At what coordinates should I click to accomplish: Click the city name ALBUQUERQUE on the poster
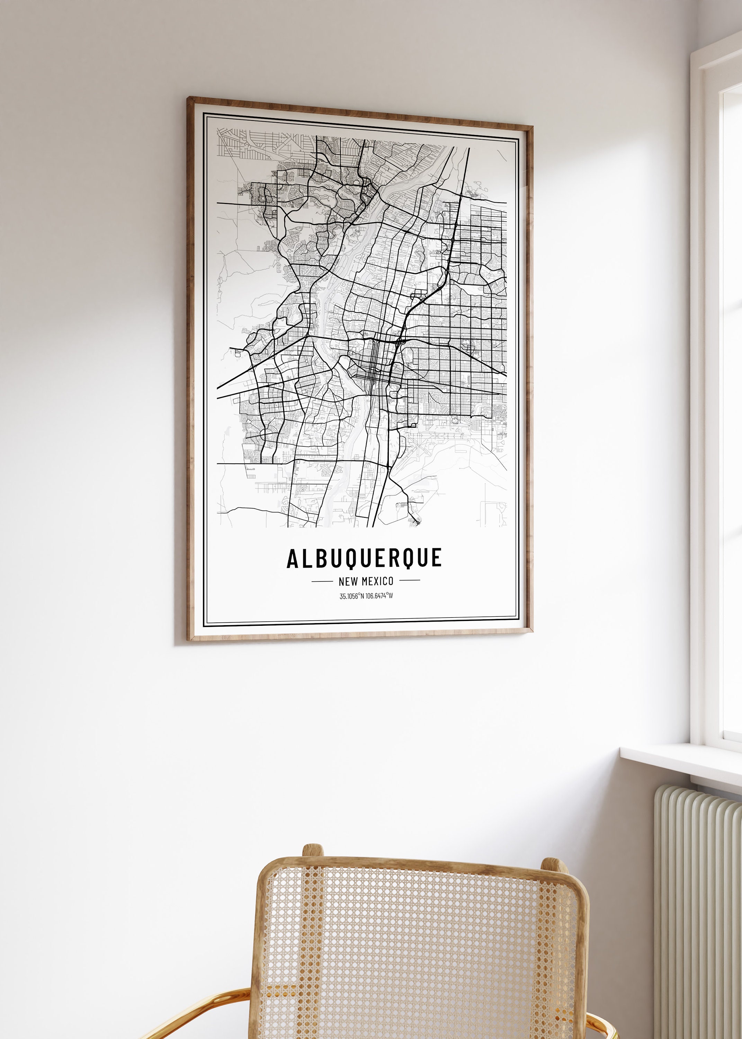click(x=364, y=558)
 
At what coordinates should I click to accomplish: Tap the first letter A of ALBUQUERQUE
click(x=294, y=558)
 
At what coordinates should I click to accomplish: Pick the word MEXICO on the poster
click(x=377, y=581)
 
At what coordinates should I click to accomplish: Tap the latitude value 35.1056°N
click(x=352, y=596)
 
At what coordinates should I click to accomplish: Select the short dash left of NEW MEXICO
click(x=322, y=581)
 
